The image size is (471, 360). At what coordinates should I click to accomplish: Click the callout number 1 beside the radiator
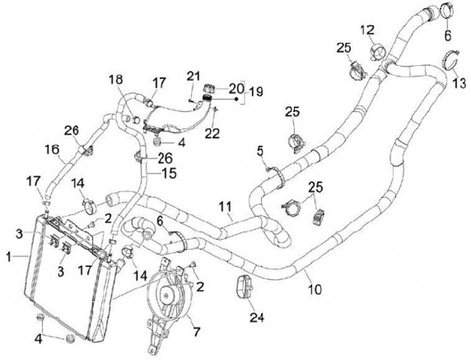click(9, 258)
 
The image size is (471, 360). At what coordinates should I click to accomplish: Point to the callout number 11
click(225, 208)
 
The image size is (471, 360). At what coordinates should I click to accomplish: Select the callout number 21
click(192, 77)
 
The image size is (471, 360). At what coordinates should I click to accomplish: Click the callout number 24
click(256, 319)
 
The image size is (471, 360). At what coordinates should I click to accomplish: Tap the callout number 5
click(261, 151)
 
